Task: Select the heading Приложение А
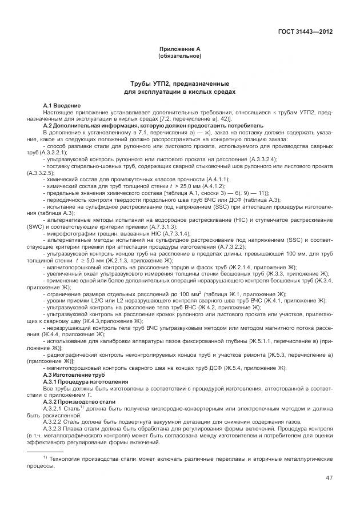pos(179,50)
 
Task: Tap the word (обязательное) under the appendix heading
pos(179,56)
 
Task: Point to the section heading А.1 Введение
pos(62,106)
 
